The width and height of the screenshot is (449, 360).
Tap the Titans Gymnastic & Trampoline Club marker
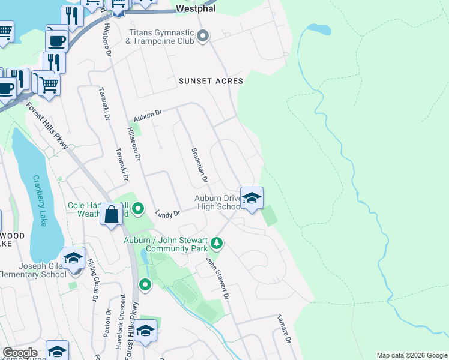(x=203, y=37)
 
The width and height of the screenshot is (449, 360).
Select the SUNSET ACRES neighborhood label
(x=211, y=81)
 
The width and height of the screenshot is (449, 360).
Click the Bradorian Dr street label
(x=199, y=165)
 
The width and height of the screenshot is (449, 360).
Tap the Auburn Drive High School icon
(x=252, y=197)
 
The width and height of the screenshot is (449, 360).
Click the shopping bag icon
(x=112, y=214)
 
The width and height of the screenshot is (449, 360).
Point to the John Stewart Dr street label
(x=218, y=279)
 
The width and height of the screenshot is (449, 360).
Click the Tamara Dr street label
(x=283, y=329)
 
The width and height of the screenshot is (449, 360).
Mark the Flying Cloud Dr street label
(x=94, y=280)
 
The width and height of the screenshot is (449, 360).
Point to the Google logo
(x=19, y=353)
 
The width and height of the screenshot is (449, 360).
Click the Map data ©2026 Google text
(x=412, y=355)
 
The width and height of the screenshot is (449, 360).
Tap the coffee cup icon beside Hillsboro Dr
(x=56, y=40)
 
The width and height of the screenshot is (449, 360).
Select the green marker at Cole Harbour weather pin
(x=139, y=209)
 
